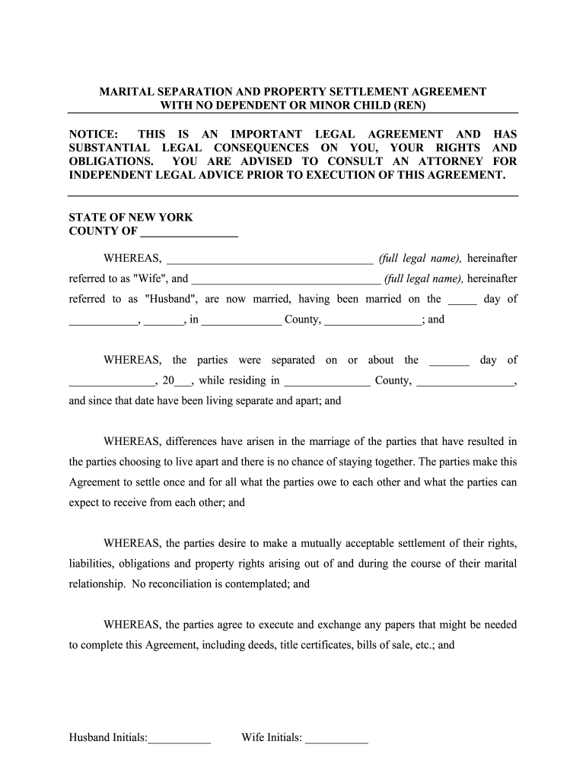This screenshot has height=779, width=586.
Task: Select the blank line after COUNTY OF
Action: tap(189, 231)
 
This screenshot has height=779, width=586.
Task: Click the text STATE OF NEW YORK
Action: tap(131, 217)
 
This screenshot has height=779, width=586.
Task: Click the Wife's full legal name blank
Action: tap(269, 258)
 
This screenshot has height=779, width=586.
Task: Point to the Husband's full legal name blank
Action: tap(285, 278)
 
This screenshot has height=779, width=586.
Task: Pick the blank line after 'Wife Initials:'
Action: tap(336, 737)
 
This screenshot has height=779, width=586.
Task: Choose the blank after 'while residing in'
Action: tap(326, 380)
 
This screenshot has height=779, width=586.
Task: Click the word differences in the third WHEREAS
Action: tap(196, 441)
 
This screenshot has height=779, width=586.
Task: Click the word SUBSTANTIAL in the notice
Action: tap(109, 148)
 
